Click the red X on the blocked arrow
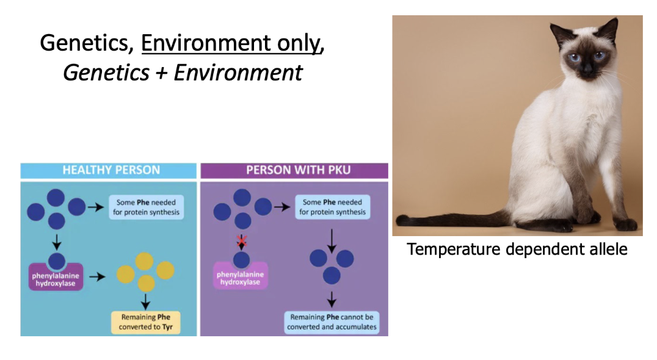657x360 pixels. click(242, 242)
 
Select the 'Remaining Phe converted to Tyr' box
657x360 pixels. click(146, 322)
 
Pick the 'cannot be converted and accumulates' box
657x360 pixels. click(332, 322)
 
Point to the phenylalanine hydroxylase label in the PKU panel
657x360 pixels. click(241, 278)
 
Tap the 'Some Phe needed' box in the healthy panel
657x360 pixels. click(147, 207)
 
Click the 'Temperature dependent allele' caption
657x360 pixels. click(517, 249)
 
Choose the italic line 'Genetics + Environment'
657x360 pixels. click(183, 73)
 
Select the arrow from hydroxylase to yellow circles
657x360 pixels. click(96, 276)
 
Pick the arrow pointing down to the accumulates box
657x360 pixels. click(332, 299)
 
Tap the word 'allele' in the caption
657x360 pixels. click(605, 249)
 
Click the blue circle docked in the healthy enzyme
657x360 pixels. click(56, 261)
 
